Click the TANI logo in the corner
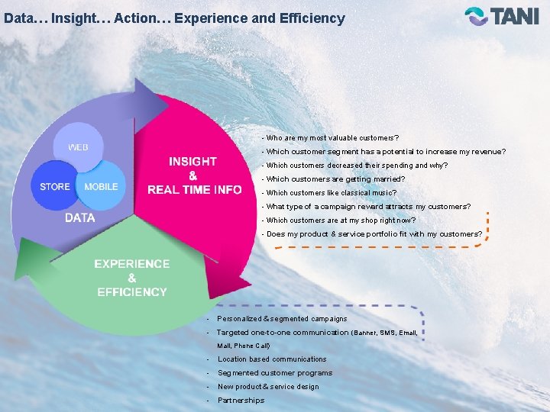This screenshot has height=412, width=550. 502,16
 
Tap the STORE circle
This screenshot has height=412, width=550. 55,186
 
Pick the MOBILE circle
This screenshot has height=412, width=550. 101,186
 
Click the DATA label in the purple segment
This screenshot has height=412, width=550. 80,217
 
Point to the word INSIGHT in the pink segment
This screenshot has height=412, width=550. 192,161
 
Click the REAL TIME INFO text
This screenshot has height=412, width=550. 194,189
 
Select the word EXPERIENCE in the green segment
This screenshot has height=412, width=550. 132,264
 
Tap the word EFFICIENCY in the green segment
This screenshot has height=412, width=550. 132,291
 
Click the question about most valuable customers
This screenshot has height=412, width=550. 330,138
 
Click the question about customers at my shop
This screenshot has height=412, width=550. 341,220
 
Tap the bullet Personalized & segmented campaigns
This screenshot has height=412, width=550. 282,318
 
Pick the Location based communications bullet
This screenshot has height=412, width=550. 272,359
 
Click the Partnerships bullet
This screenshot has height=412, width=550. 241,401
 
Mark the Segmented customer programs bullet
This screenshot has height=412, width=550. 275,373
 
